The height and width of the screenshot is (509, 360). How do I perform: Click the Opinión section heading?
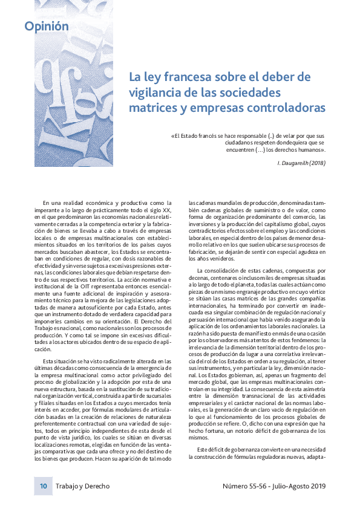coord(47,26)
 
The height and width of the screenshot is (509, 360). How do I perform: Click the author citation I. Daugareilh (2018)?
coord(301,164)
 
